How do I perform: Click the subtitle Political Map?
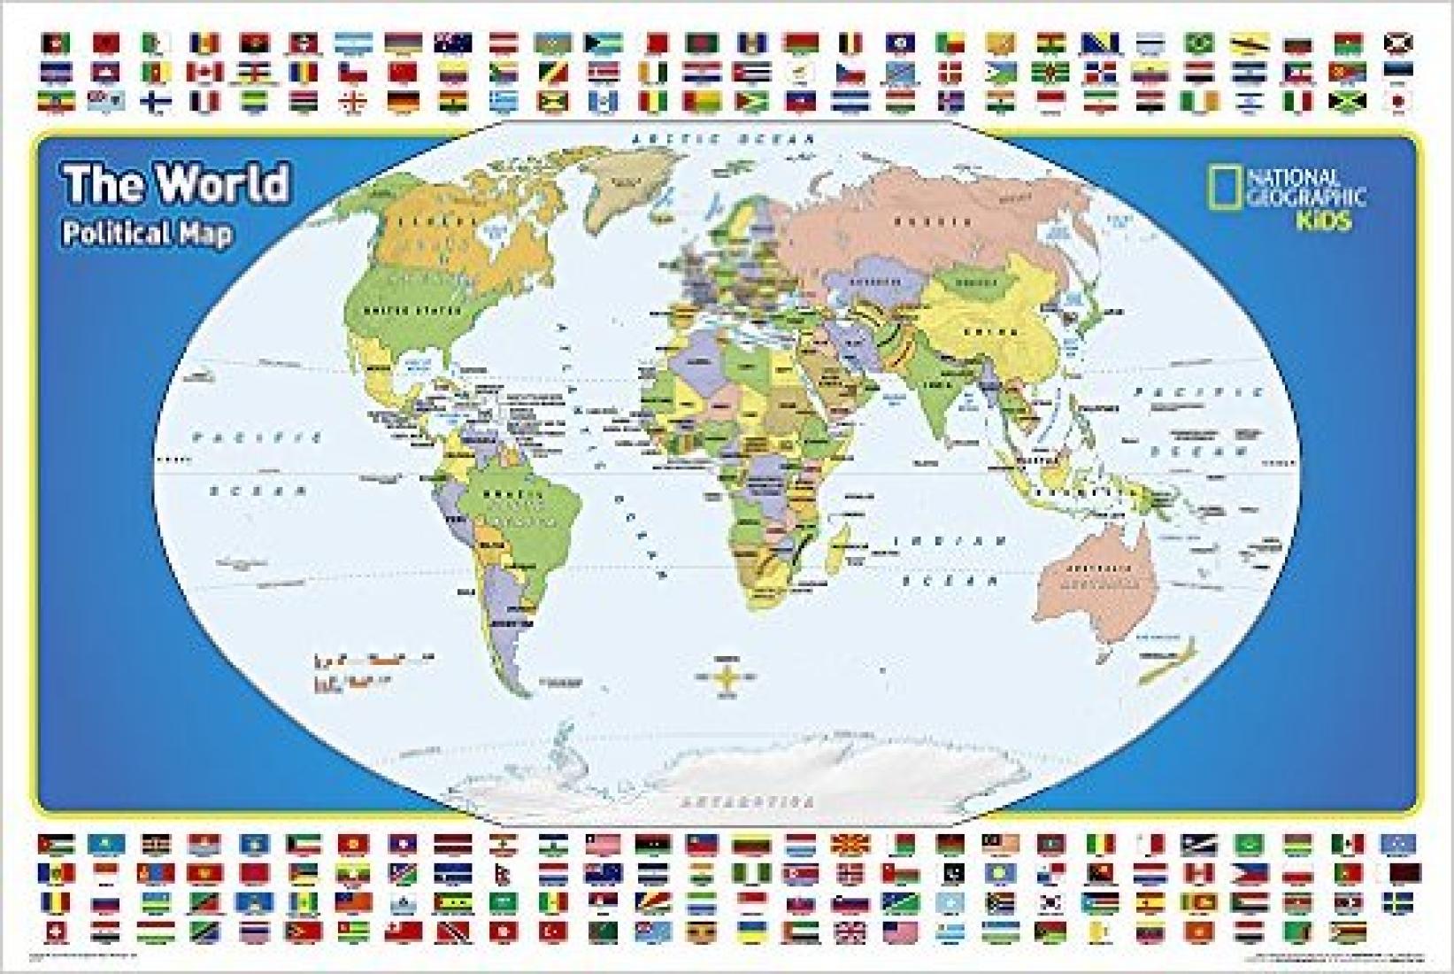[147, 234]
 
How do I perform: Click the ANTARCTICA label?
[748, 802]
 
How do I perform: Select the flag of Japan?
[1398, 103]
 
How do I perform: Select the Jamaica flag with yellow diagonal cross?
[1348, 103]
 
